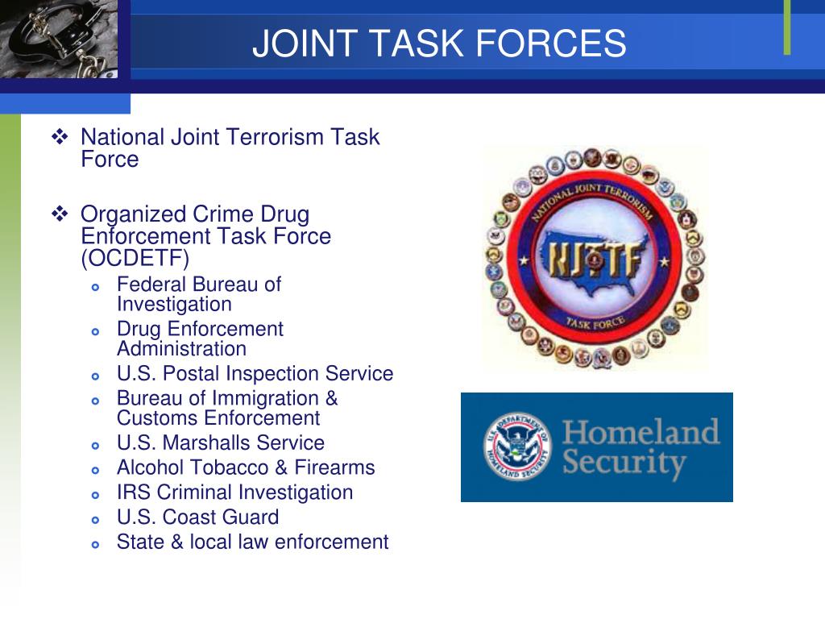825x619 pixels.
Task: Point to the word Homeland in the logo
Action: (641, 432)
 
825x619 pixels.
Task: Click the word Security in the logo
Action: (624, 463)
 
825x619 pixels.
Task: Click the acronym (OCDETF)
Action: (135, 259)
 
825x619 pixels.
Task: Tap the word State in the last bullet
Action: (139, 542)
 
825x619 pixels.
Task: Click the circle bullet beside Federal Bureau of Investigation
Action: (95, 287)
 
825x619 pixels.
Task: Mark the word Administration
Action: (181, 349)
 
